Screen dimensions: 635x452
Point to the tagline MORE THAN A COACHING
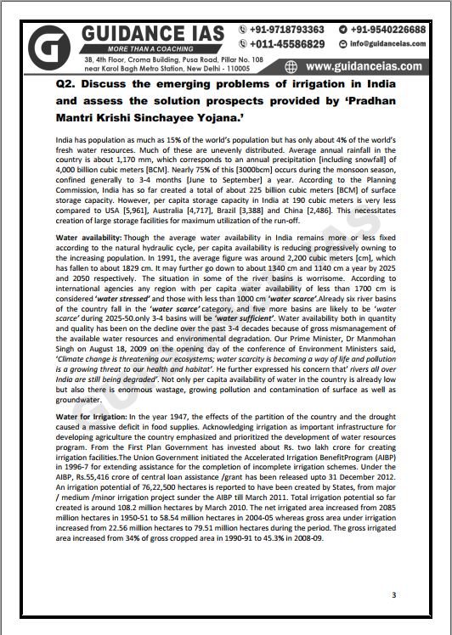[121, 49]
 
